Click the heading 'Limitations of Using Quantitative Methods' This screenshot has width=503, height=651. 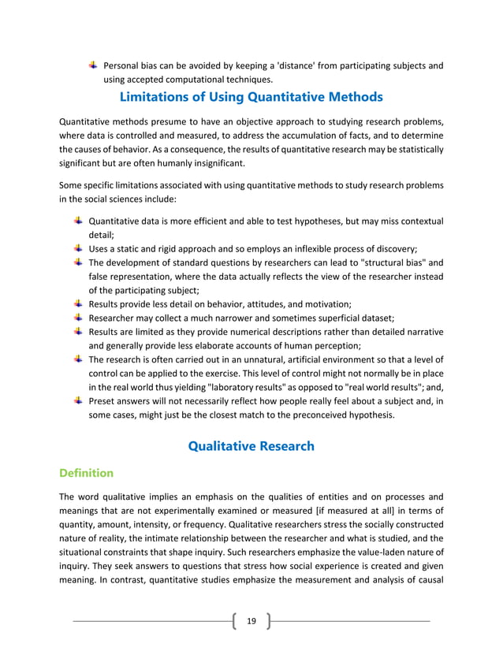(x=251, y=98)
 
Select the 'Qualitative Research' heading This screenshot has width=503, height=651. (x=251, y=446)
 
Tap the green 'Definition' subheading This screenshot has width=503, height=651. (x=87, y=473)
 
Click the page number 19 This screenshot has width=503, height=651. (x=251, y=621)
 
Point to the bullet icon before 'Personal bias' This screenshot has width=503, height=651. (x=93, y=65)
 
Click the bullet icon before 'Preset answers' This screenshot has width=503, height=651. (x=78, y=401)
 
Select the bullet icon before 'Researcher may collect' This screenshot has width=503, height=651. (x=78, y=317)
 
